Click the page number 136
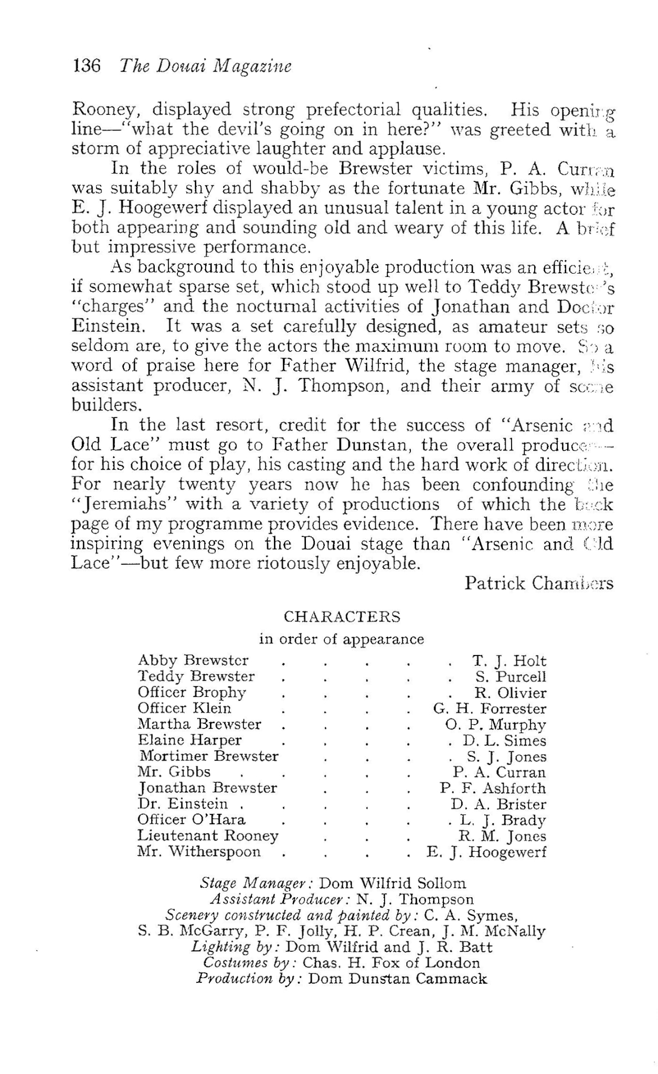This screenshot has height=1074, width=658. click(x=87, y=66)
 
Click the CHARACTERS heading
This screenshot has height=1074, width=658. click(x=342, y=617)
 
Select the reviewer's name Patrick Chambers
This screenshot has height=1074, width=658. click(x=538, y=583)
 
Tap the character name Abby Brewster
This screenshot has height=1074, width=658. click(x=193, y=661)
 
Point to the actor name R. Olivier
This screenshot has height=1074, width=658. click(x=511, y=693)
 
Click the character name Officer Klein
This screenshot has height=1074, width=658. click(x=184, y=708)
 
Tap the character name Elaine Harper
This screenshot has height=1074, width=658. click(x=189, y=740)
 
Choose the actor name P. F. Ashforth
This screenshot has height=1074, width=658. click(x=493, y=788)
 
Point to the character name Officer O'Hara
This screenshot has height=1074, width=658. click(x=192, y=820)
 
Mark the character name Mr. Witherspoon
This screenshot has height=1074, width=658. click(x=199, y=852)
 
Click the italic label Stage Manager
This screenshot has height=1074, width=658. click(x=257, y=883)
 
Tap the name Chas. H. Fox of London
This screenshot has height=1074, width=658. click(x=391, y=963)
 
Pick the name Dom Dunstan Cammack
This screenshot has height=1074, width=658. click(x=398, y=979)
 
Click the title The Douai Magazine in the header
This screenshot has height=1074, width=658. click(x=205, y=66)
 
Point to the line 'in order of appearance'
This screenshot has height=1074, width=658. click(x=342, y=639)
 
